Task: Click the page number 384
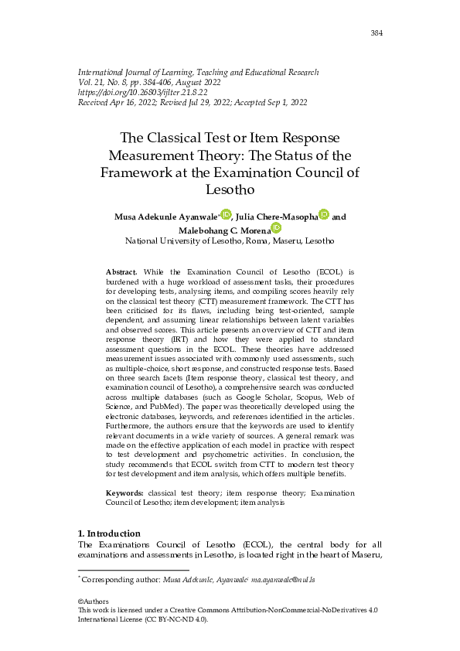pyautogui.click(x=377, y=33)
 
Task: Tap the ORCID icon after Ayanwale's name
pyautogui.click(x=226, y=214)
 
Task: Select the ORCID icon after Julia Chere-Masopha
pyautogui.click(x=324, y=214)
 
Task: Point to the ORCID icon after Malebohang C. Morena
pyautogui.click(x=276, y=228)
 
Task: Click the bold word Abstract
pyautogui.click(x=121, y=273)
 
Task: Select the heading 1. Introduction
pyautogui.click(x=109, y=533)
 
